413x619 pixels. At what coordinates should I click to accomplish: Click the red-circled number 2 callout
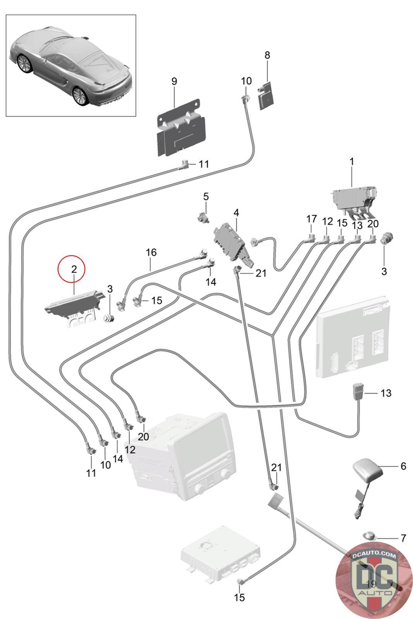(74, 269)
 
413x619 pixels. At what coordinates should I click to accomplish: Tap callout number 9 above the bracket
(174, 82)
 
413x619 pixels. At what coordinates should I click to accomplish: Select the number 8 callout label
(267, 55)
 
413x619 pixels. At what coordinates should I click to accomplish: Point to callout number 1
(351, 162)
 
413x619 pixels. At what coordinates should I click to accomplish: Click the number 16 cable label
(151, 252)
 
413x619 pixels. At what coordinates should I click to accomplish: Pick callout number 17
(311, 219)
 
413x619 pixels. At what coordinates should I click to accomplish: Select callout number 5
(206, 197)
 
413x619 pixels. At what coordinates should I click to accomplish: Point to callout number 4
(236, 213)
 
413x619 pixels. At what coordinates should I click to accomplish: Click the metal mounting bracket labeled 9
(182, 127)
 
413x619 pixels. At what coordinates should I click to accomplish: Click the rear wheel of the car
(80, 96)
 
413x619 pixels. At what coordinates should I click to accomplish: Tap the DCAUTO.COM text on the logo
(374, 555)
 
